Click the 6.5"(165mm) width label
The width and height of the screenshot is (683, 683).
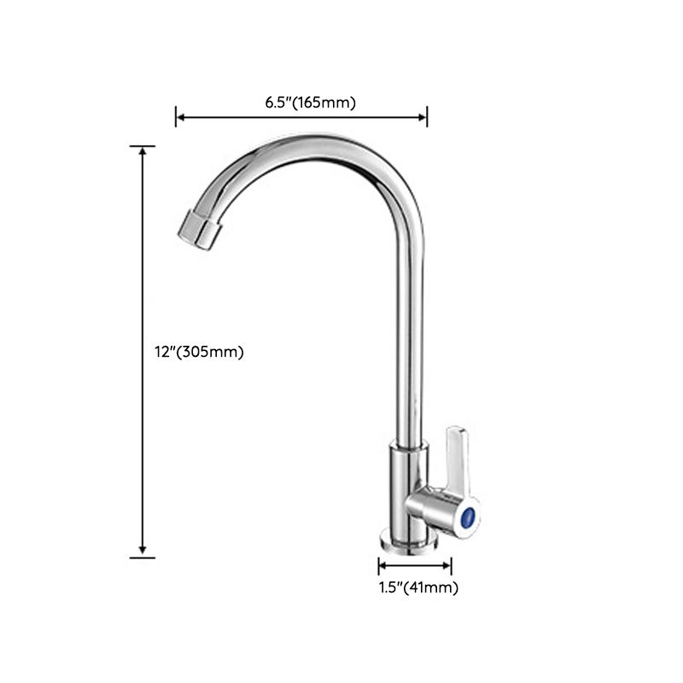[x=310, y=102]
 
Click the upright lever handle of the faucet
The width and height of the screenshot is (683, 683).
[x=455, y=457]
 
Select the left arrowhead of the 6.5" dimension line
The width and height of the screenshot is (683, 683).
[x=180, y=117]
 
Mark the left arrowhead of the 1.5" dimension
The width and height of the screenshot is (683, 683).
[x=382, y=565]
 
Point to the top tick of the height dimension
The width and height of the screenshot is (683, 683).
[x=143, y=146]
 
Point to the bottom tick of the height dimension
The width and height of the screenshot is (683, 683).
[x=143, y=557]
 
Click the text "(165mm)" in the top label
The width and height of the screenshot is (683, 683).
[x=326, y=102]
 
